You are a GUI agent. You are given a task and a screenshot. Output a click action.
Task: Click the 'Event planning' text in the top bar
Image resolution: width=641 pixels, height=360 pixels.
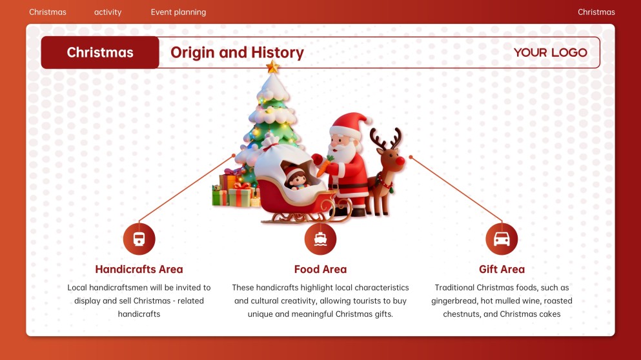point(178,12)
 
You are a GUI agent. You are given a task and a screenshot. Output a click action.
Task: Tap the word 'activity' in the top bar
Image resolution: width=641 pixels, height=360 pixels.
point(108,12)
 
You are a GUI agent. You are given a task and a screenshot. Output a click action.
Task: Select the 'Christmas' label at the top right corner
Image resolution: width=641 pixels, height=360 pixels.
point(596,12)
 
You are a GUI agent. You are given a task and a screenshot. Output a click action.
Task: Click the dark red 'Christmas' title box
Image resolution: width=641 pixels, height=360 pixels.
point(100,53)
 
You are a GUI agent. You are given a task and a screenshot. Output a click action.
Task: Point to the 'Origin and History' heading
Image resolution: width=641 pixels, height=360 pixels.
point(237,53)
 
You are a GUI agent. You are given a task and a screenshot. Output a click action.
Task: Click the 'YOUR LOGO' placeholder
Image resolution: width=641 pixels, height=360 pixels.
point(550,53)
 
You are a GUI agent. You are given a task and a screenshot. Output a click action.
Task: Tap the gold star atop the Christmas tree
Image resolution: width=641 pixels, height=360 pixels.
point(273,66)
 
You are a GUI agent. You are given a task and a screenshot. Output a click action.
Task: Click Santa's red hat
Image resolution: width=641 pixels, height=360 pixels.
point(352,122)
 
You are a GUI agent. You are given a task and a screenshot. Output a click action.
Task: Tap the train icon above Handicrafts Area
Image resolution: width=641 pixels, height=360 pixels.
point(139,239)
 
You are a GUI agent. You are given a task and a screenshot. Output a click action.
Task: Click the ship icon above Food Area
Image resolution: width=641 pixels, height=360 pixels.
point(320,239)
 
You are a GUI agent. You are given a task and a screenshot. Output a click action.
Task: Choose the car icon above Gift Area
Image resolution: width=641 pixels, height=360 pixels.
point(502,239)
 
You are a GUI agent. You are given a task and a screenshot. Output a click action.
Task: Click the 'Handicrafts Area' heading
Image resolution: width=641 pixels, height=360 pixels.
point(139,270)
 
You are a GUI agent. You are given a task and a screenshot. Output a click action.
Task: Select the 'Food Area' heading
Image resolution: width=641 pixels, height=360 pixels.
point(320,270)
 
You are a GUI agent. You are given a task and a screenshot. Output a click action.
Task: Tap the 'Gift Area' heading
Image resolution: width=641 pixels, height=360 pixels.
point(502,270)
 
